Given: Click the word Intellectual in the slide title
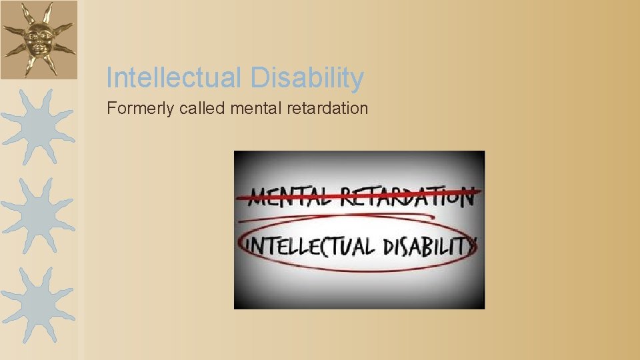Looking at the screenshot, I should pyautogui.click(x=175, y=78).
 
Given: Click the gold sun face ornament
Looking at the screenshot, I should pyautogui.click(x=38, y=39).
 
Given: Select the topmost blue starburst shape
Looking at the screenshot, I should pyautogui.click(x=37, y=123).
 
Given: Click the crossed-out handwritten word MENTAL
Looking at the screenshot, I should pyautogui.click(x=287, y=197).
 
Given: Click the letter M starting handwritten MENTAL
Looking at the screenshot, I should pyautogui.click(x=258, y=197).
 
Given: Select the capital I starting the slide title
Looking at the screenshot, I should pyautogui.click(x=109, y=78).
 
